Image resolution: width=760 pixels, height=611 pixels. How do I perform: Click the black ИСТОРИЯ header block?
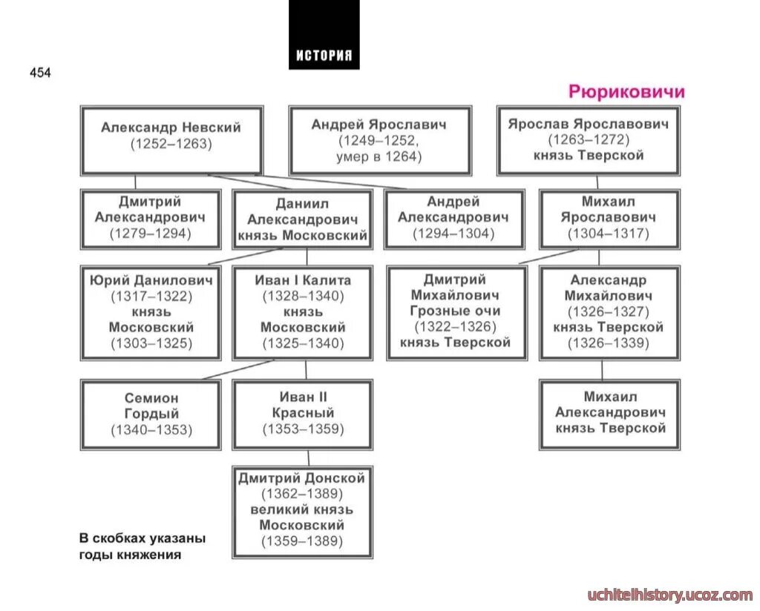(324, 35)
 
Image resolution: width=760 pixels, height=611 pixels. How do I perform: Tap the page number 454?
(40, 73)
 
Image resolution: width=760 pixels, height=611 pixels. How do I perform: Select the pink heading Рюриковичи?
(626, 92)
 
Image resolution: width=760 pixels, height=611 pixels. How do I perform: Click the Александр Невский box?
(171, 139)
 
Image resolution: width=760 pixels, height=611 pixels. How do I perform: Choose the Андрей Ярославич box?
(379, 140)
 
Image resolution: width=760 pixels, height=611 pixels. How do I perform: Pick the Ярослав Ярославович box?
(588, 139)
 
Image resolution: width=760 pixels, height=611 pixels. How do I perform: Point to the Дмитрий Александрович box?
(151, 219)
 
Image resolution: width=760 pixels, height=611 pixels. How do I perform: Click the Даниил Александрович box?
(302, 219)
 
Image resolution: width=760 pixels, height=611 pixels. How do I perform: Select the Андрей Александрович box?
(453, 219)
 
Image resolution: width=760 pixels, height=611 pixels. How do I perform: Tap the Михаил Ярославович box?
(609, 219)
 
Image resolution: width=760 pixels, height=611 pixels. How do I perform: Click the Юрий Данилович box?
(151, 312)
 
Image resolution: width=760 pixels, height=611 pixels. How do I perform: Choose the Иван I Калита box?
(302, 312)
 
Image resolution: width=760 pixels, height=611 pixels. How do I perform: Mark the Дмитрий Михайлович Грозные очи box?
(456, 312)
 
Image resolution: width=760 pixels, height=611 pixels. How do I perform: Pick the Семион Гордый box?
(151, 415)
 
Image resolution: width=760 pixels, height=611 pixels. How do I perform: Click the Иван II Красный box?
(302, 415)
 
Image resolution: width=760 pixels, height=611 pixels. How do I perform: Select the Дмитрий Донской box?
(302, 512)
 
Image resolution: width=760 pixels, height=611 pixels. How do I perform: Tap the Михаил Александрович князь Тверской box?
(609, 415)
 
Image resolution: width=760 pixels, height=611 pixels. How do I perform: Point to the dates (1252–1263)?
(171, 145)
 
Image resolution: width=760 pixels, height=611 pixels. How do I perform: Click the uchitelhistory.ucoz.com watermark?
(669, 595)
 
